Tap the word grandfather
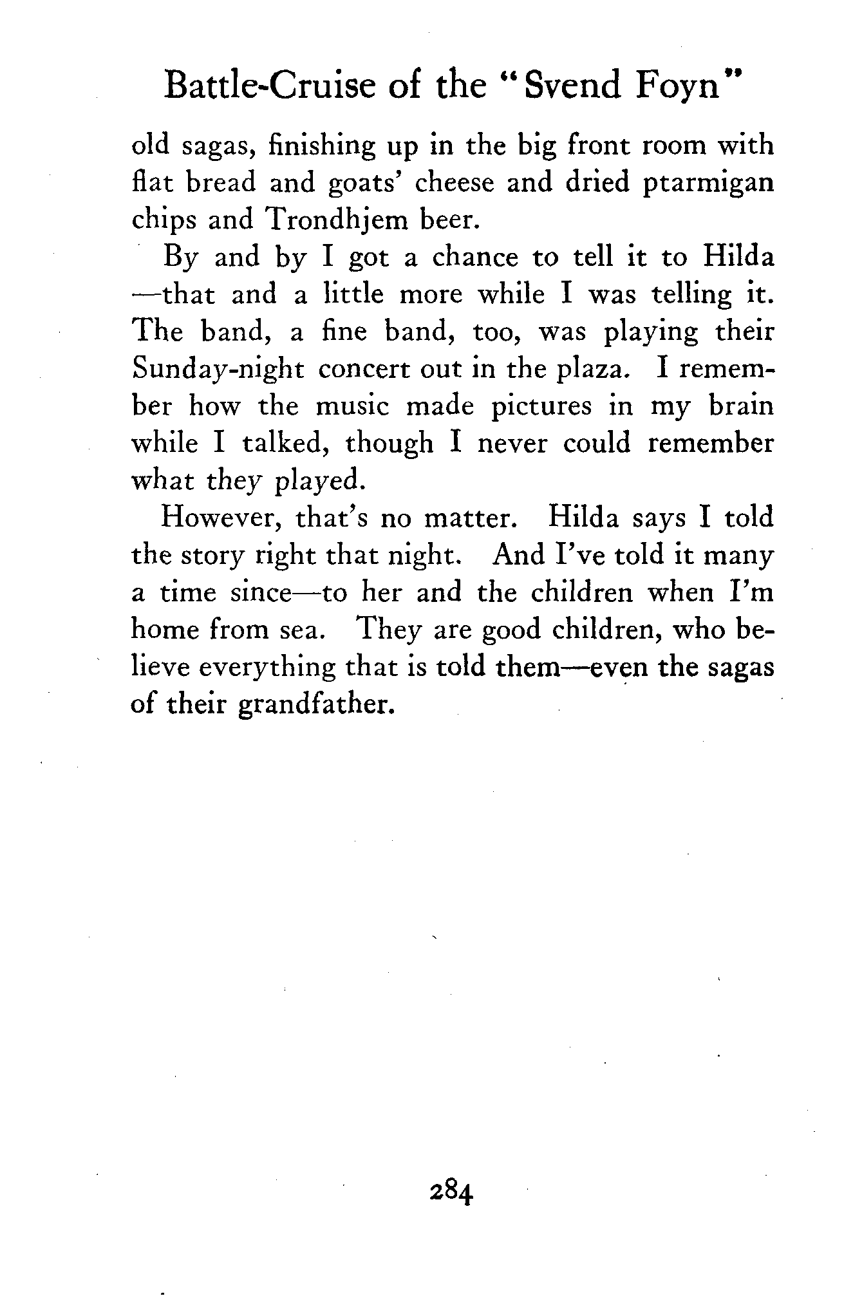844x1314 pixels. pyautogui.click(x=315, y=704)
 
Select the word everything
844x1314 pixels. pyautogui.click(x=267, y=668)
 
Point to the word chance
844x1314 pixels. pyautogui.click(x=474, y=258)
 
